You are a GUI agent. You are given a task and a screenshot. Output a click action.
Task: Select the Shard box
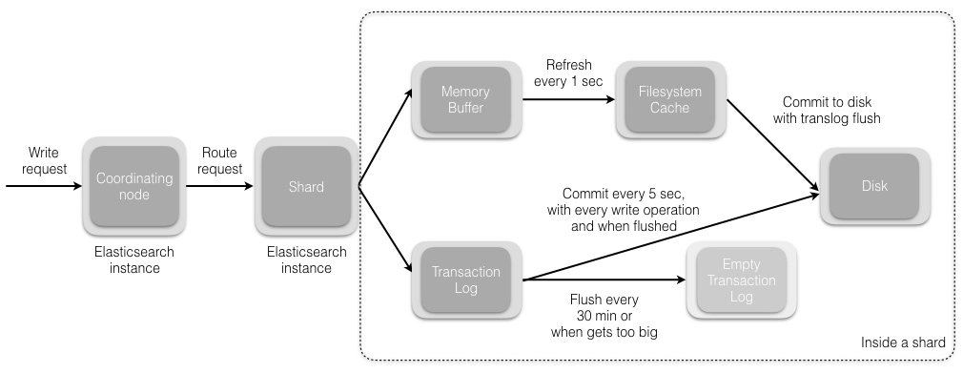pyautogui.click(x=305, y=186)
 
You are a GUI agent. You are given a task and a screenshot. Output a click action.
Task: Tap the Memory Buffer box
pyautogui.click(x=465, y=100)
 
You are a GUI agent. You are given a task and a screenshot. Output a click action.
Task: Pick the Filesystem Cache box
pyautogui.click(x=668, y=100)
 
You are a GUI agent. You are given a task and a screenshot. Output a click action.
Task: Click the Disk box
pyautogui.click(x=874, y=186)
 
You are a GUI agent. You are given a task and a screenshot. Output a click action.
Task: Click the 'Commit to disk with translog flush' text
pyautogui.click(x=831, y=109)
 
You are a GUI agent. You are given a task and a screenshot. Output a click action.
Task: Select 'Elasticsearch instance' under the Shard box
pyautogui.click(x=305, y=260)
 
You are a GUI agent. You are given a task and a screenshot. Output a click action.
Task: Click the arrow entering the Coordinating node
pyautogui.click(x=43, y=186)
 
